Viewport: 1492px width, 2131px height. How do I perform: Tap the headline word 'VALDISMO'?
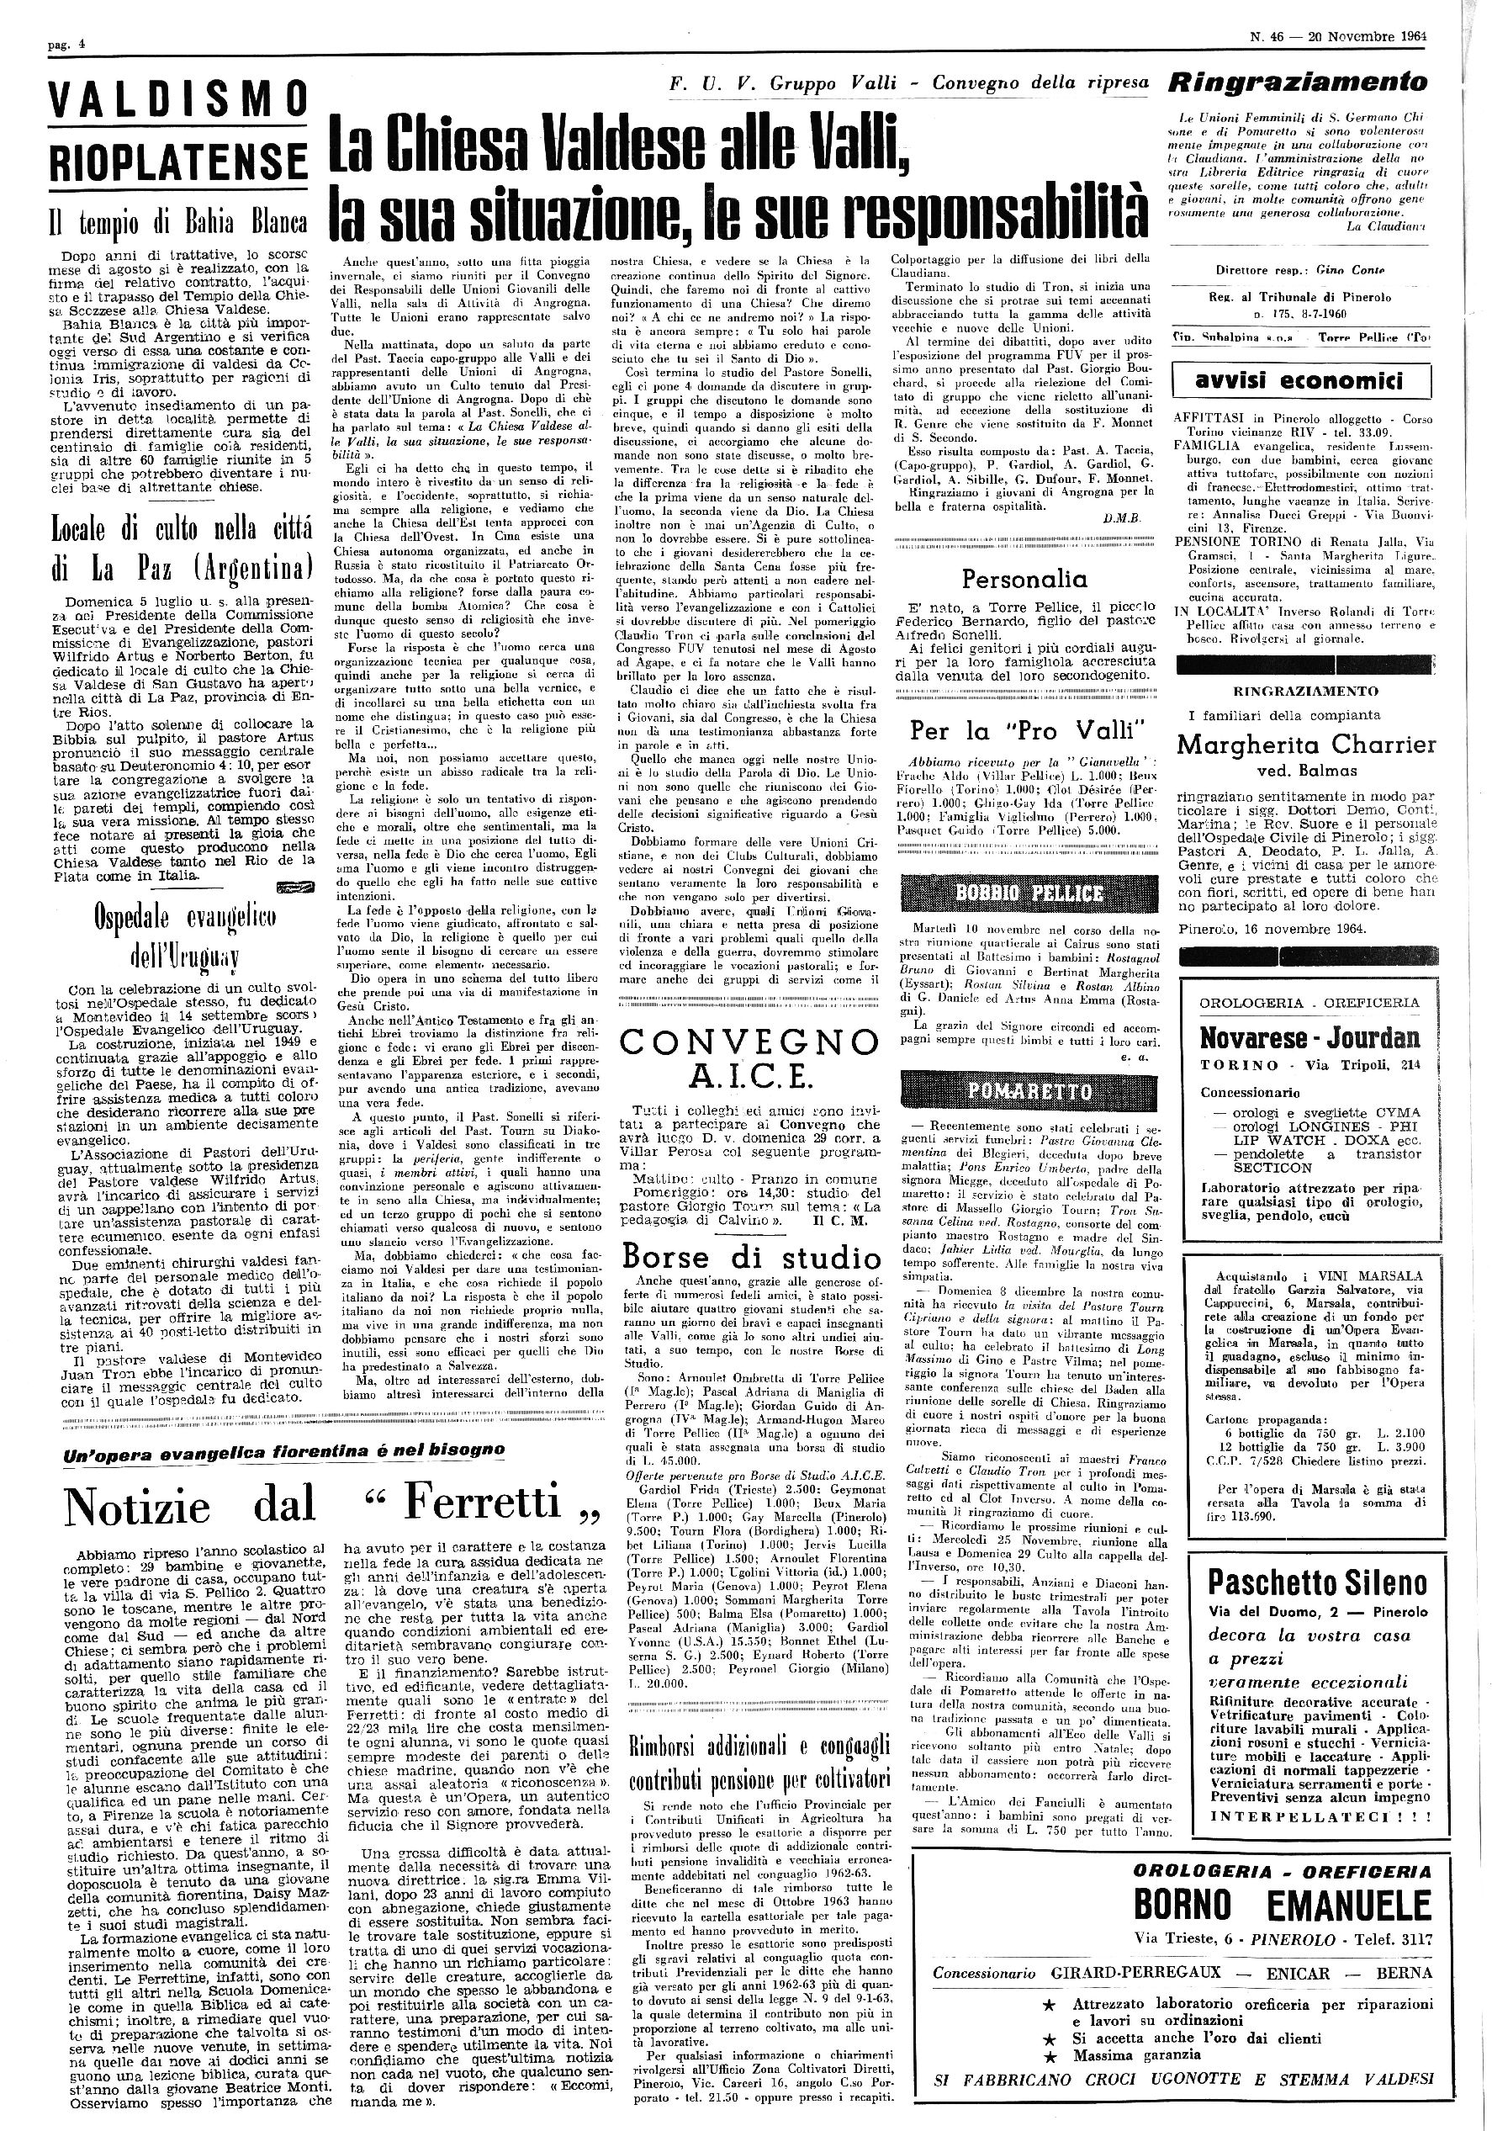coord(178,100)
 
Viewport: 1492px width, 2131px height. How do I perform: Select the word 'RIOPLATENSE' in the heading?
coord(178,161)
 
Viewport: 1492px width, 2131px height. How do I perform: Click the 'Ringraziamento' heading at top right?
coord(1298,82)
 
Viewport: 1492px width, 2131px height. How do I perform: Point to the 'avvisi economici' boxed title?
coord(1301,380)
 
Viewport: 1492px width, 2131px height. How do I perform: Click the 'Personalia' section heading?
coord(1024,579)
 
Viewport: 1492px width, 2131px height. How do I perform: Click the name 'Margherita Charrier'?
coord(1305,745)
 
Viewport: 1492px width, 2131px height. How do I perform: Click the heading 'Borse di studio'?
coord(752,1258)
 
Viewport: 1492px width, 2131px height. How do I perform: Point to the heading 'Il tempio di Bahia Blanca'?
coord(178,223)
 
